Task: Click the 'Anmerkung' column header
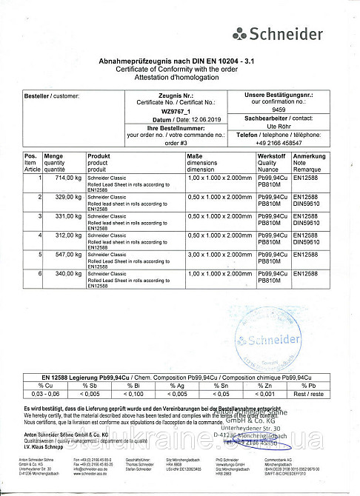point(309,157)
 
